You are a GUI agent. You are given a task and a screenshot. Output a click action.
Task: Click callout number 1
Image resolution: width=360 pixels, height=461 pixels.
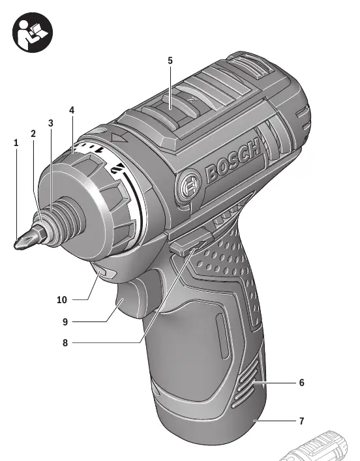click(16, 143)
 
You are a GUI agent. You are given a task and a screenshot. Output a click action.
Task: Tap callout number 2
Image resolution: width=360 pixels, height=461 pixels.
click(33, 134)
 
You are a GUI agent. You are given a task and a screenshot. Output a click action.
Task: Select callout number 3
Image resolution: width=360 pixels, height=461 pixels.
click(51, 123)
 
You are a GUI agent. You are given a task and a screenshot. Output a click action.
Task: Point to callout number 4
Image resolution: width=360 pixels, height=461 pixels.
click(72, 110)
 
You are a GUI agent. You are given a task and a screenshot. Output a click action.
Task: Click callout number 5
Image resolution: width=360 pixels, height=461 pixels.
click(170, 61)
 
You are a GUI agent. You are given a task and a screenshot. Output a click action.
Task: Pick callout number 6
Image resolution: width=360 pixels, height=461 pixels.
click(301, 383)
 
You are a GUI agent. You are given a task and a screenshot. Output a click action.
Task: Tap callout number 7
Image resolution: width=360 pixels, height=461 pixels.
click(301, 421)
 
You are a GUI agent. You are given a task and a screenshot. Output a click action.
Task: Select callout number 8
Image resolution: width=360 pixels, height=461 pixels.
click(65, 343)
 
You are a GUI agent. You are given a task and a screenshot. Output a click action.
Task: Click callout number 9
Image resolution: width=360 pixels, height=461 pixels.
click(65, 322)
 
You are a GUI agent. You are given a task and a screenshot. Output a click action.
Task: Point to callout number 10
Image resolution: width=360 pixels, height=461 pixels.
click(62, 300)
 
